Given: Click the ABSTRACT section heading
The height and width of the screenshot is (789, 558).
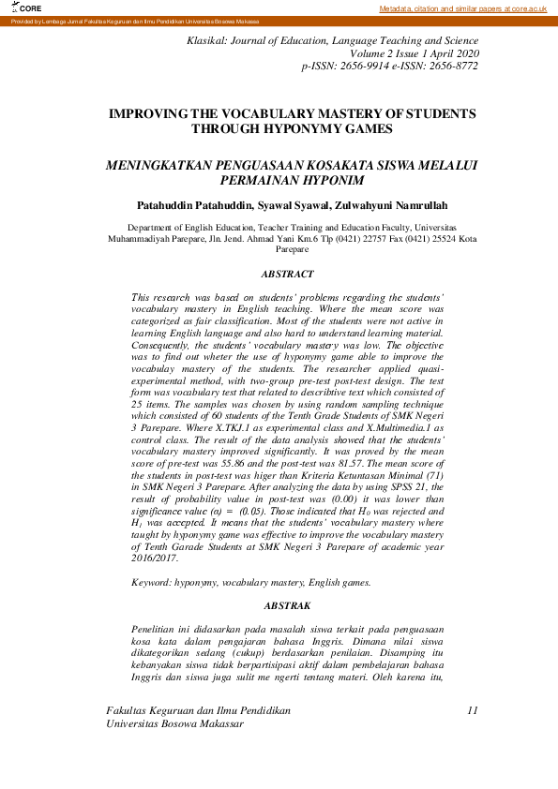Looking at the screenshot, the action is coord(288,274).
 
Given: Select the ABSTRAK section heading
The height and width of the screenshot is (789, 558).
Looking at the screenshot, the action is coord(288,606).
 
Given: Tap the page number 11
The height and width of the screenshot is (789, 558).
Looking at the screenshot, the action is coord(473,710).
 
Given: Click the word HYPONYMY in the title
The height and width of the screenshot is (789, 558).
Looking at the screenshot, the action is coord(305,129).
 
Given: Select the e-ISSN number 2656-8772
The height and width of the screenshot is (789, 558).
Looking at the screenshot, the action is coord(452,67).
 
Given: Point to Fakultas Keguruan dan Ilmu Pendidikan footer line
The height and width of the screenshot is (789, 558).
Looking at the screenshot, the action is coord(198,710).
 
